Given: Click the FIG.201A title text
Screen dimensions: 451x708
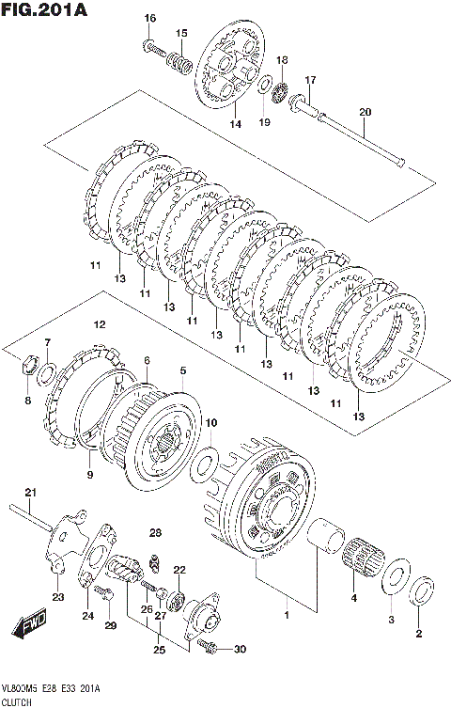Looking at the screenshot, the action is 44,9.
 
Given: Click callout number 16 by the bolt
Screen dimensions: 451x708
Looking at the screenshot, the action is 149,18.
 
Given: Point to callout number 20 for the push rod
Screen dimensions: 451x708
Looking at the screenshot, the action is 365,112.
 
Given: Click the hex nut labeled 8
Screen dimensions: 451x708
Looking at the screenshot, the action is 30,364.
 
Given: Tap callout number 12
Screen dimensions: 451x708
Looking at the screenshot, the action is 100,324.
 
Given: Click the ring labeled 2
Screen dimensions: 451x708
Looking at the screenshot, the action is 423,591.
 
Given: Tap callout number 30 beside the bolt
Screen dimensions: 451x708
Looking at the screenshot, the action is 240,650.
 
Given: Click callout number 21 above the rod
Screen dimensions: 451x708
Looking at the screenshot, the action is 30,492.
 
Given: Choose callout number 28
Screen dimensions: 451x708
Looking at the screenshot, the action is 155,533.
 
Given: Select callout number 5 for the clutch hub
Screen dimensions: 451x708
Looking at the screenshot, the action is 182,370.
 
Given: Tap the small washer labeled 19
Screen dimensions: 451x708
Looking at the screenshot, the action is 265,85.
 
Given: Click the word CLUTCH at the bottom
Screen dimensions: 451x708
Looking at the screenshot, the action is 17,702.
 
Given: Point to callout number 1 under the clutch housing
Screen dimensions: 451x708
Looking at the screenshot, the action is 286,615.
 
